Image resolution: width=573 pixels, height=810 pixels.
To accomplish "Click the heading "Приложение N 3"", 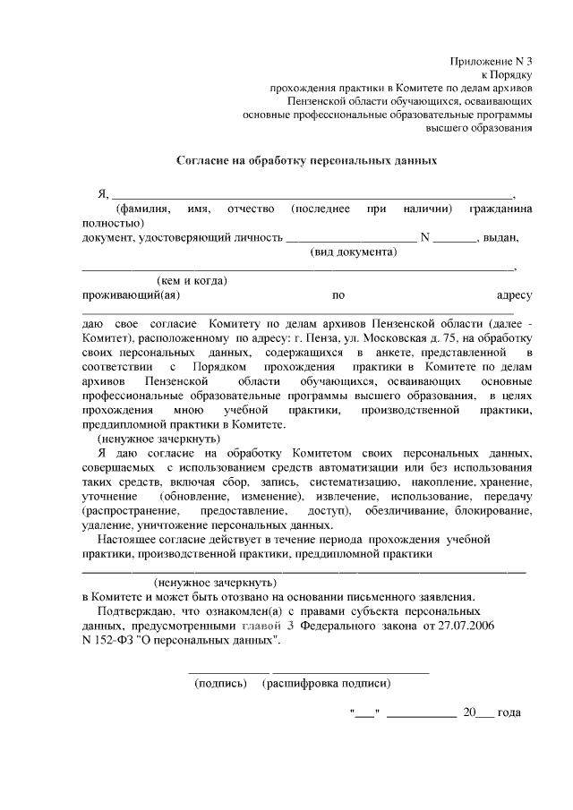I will [491, 61].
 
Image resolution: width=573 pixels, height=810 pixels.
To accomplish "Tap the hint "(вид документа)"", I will [354, 252].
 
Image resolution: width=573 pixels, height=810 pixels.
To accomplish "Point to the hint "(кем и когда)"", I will [192, 281].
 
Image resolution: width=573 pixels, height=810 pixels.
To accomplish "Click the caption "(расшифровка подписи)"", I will [326, 684].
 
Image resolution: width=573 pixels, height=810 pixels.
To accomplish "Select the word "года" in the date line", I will [507, 713].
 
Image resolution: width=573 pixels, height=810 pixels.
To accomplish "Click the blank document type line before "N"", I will [351, 238].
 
